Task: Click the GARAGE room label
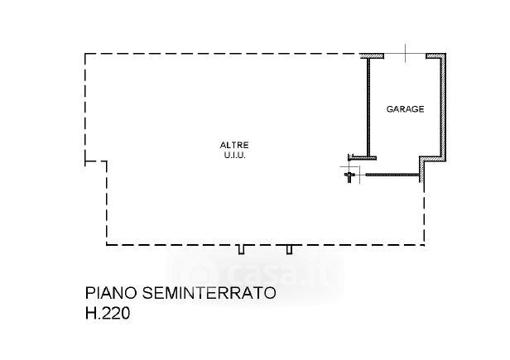[405, 108]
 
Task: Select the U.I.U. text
[236, 155]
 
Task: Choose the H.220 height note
[108, 314]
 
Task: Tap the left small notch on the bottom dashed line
[241, 248]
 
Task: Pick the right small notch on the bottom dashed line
[289, 248]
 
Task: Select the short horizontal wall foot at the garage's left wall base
[363, 156]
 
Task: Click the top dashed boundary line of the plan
[224, 55]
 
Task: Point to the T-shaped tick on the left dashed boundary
[87, 156]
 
